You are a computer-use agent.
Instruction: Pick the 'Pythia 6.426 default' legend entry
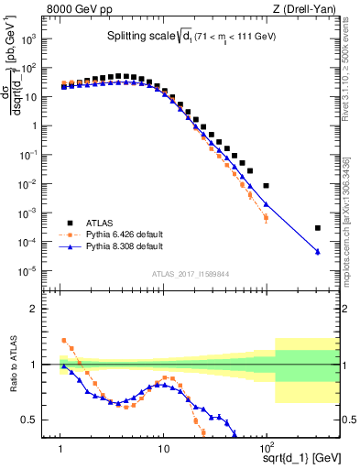coord(127,234)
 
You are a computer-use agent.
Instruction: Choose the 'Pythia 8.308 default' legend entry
coord(127,246)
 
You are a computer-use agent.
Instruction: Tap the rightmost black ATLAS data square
coord(317,228)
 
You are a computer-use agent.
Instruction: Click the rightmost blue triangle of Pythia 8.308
coord(317,252)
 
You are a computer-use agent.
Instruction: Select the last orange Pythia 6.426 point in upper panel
coord(266,218)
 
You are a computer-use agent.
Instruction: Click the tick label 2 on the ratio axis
coord(46,309)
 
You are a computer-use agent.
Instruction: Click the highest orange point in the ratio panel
coord(63,340)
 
